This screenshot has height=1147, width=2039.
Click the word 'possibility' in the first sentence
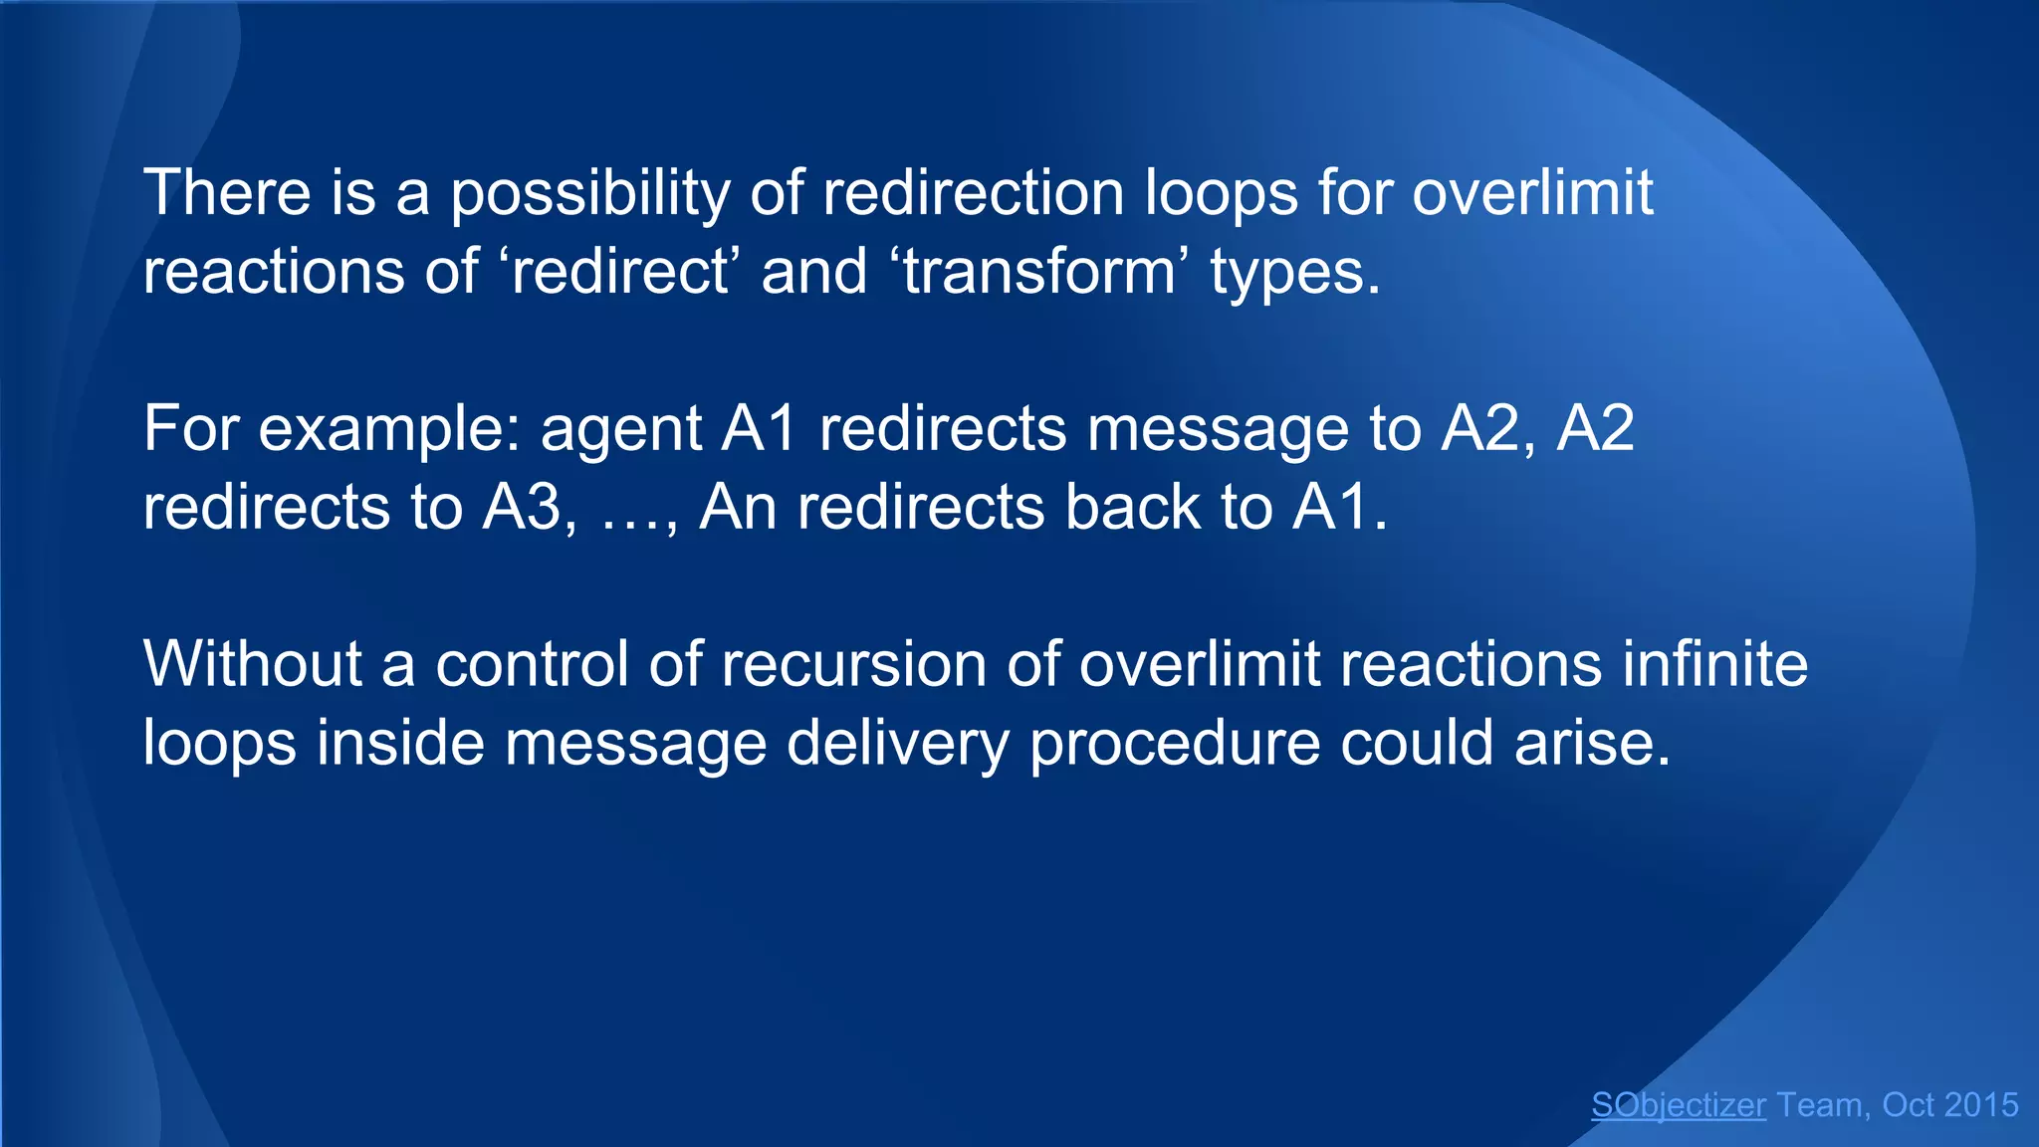click(x=590, y=193)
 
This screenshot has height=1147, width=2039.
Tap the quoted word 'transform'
click(x=1039, y=272)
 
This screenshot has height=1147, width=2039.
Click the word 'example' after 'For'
click(x=389, y=430)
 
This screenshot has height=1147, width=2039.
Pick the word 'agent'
click(x=621, y=430)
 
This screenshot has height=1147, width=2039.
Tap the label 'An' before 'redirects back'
click(x=738, y=508)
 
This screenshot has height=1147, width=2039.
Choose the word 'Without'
click(x=253, y=664)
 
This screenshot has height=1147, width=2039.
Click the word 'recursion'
click(x=853, y=664)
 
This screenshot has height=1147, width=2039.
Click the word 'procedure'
click(x=1175, y=745)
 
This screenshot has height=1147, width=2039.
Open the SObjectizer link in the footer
click(x=1679, y=1105)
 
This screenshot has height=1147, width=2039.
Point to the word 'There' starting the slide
click(x=227, y=193)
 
